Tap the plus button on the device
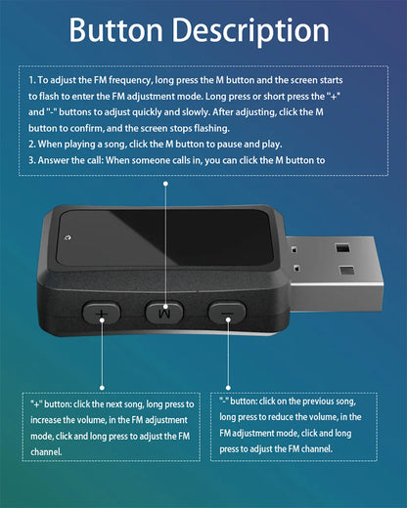coord(101,314)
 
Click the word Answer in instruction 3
coord(54,161)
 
